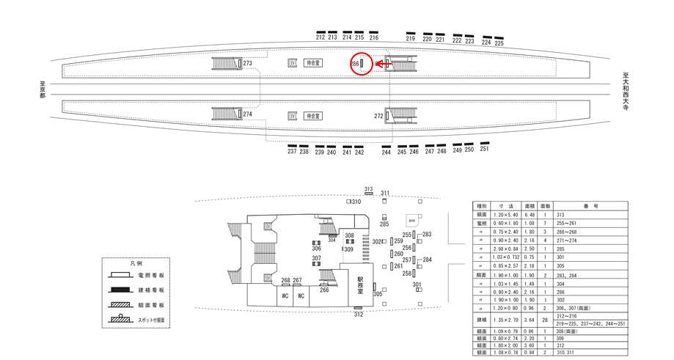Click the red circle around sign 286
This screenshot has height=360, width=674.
[361, 65]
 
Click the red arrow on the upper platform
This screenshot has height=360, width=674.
[381, 65]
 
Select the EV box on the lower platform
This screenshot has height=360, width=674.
[293, 116]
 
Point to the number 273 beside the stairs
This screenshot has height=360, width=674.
[247, 64]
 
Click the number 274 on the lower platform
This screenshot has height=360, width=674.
[247, 114]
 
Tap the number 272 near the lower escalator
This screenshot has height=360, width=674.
[378, 116]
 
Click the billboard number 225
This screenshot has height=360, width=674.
[499, 43]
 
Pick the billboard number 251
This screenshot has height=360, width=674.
[484, 149]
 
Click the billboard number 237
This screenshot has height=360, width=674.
[292, 152]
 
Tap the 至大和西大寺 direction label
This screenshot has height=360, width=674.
[626, 89]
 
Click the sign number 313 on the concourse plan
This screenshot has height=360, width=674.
[368, 189]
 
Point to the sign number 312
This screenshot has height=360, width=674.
[358, 315]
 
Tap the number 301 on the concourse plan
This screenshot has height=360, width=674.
[417, 284]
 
